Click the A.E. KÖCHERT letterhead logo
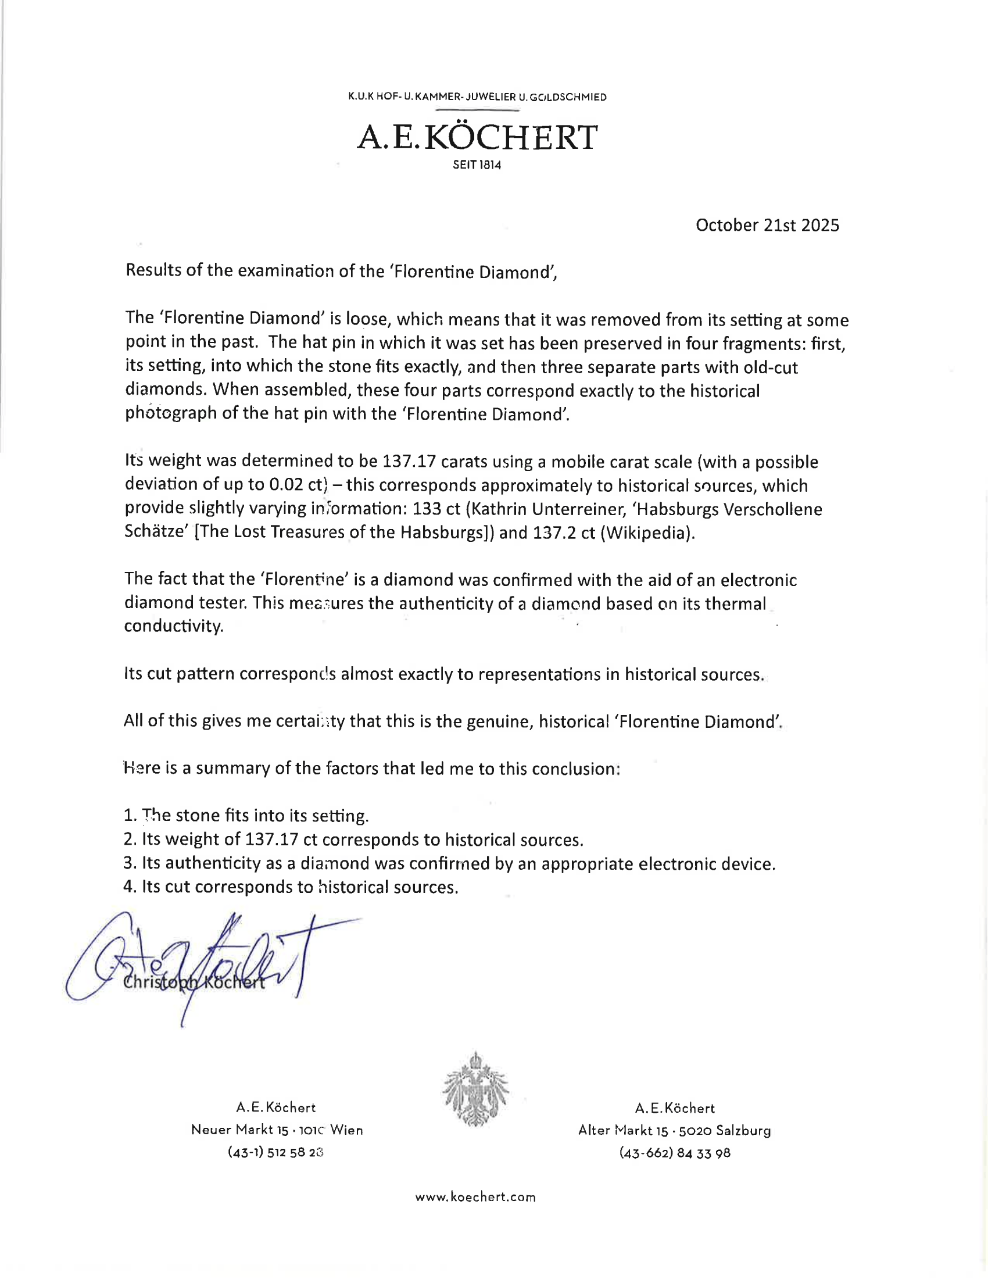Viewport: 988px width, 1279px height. click(477, 137)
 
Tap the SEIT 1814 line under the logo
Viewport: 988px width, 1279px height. click(477, 165)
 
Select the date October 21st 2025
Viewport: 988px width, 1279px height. click(767, 226)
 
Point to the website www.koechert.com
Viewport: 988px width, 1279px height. click(475, 1197)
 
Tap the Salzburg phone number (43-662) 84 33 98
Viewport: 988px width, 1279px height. click(675, 1153)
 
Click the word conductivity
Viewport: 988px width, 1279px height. click(173, 627)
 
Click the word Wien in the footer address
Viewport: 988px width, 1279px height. click(346, 1130)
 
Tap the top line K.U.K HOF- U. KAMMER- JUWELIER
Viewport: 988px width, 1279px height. click(477, 97)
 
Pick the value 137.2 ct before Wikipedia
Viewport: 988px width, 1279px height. click(564, 534)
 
